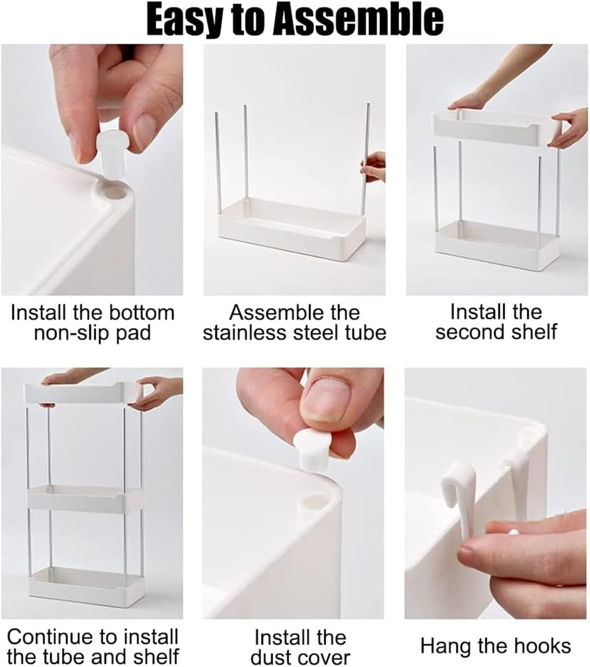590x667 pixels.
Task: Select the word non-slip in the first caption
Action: [72, 333]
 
